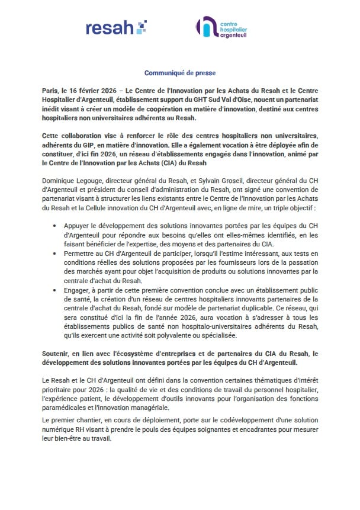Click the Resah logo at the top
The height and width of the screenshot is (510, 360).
(116, 27)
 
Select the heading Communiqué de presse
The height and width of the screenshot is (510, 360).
(179, 73)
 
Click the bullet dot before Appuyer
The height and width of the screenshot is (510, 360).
(55, 226)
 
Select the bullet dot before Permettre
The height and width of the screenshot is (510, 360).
(55, 254)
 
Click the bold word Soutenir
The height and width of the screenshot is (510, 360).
(57, 354)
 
